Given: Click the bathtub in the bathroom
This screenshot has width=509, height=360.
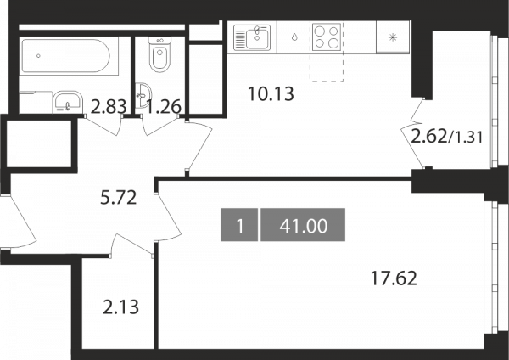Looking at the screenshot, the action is (x=69, y=56).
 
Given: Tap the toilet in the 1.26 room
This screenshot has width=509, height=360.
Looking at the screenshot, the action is (x=159, y=54).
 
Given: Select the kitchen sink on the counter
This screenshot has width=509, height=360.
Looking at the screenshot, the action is (x=252, y=37).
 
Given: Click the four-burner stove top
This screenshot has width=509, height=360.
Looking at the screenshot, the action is (x=327, y=37).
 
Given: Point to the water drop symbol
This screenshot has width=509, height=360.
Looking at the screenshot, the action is (x=294, y=37).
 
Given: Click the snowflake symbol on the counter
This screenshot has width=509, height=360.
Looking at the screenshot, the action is (x=393, y=37).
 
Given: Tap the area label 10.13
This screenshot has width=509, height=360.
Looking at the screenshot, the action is (x=271, y=94).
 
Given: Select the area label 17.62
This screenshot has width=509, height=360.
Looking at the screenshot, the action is (x=394, y=278).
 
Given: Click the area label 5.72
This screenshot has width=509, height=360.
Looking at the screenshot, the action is (x=119, y=197).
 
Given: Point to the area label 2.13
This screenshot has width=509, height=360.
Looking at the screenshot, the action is (x=120, y=307).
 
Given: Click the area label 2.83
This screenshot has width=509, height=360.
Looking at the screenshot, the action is (x=108, y=107).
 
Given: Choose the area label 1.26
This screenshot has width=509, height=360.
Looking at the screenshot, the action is (x=164, y=107).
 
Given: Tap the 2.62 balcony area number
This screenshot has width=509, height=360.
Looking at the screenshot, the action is (x=428, y=137).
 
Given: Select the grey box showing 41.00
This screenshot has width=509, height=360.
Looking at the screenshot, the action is (x=303, y=225).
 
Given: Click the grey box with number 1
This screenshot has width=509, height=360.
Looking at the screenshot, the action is (x=239, y=225).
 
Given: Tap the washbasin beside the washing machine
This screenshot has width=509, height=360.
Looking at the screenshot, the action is (x=68, y=103).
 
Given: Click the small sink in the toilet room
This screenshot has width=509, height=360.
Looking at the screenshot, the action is (x=143, y=95).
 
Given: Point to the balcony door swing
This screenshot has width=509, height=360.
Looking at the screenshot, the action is (x=413, y=133).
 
